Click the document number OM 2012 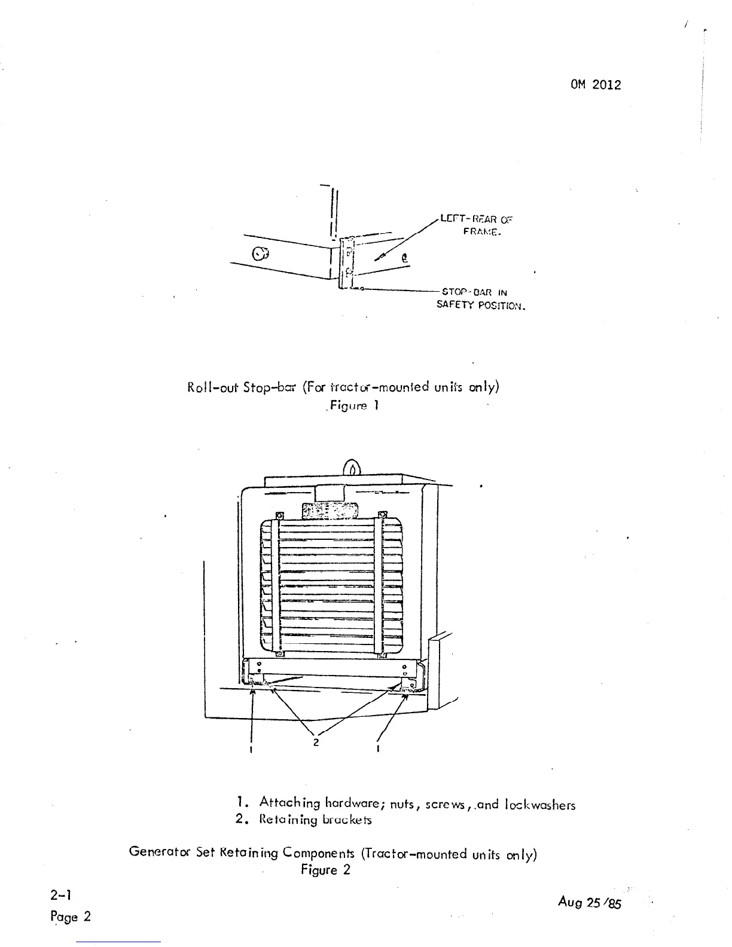click(x=596, y=85)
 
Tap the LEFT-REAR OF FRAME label click(x=477, y=225)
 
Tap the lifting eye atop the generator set click(x=352, y=466)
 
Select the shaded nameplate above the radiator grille click(x=330, y=512)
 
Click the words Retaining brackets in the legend click(x=315, y=820)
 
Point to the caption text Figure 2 click(x=325, y=870)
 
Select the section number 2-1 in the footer click(x=62, y=895)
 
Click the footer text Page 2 click(x=71, y=917)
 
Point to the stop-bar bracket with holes click(x=347, y=263)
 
